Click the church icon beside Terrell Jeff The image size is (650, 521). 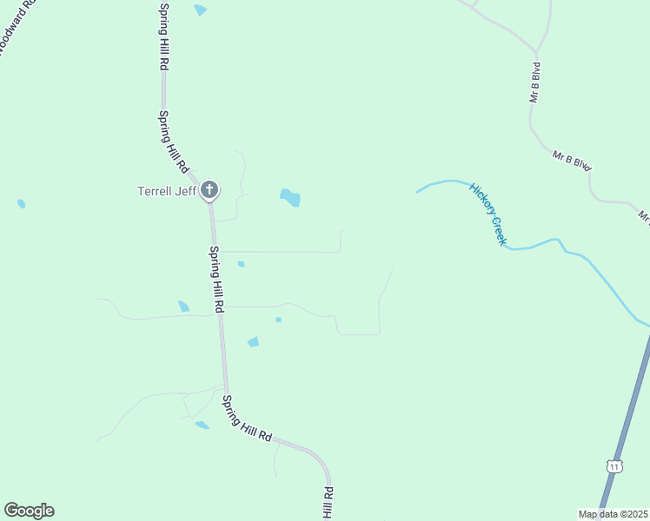[209, 189]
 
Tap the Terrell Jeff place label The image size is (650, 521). [168, 191]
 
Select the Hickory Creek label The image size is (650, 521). [487, 214]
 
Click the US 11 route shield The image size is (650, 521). [615, 466]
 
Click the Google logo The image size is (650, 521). [29, 511]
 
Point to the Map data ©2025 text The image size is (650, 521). [612, 514]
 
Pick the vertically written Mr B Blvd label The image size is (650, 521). [536, 82]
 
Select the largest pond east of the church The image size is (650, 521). [290, 198]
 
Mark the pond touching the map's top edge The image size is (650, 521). [201, 10]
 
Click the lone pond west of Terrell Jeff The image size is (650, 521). [21, 204]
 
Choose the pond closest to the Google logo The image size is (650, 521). [202, 425]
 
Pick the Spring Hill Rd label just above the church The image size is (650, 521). [172, 140]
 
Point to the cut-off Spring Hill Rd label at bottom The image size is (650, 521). [328, 504]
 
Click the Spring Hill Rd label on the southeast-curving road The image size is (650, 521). [247, 419]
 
